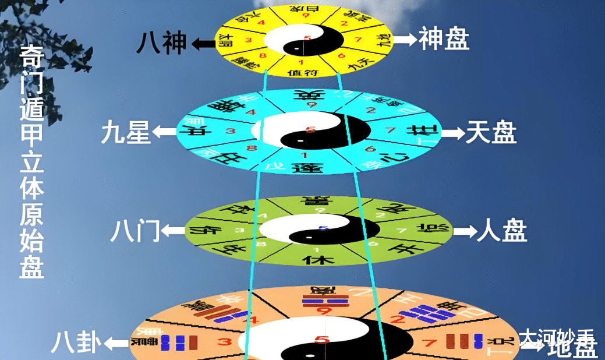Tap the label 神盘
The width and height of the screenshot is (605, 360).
(444, 40)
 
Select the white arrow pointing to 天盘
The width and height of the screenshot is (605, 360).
(452, 133)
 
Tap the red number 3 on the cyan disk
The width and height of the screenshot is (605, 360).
(231, 132)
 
